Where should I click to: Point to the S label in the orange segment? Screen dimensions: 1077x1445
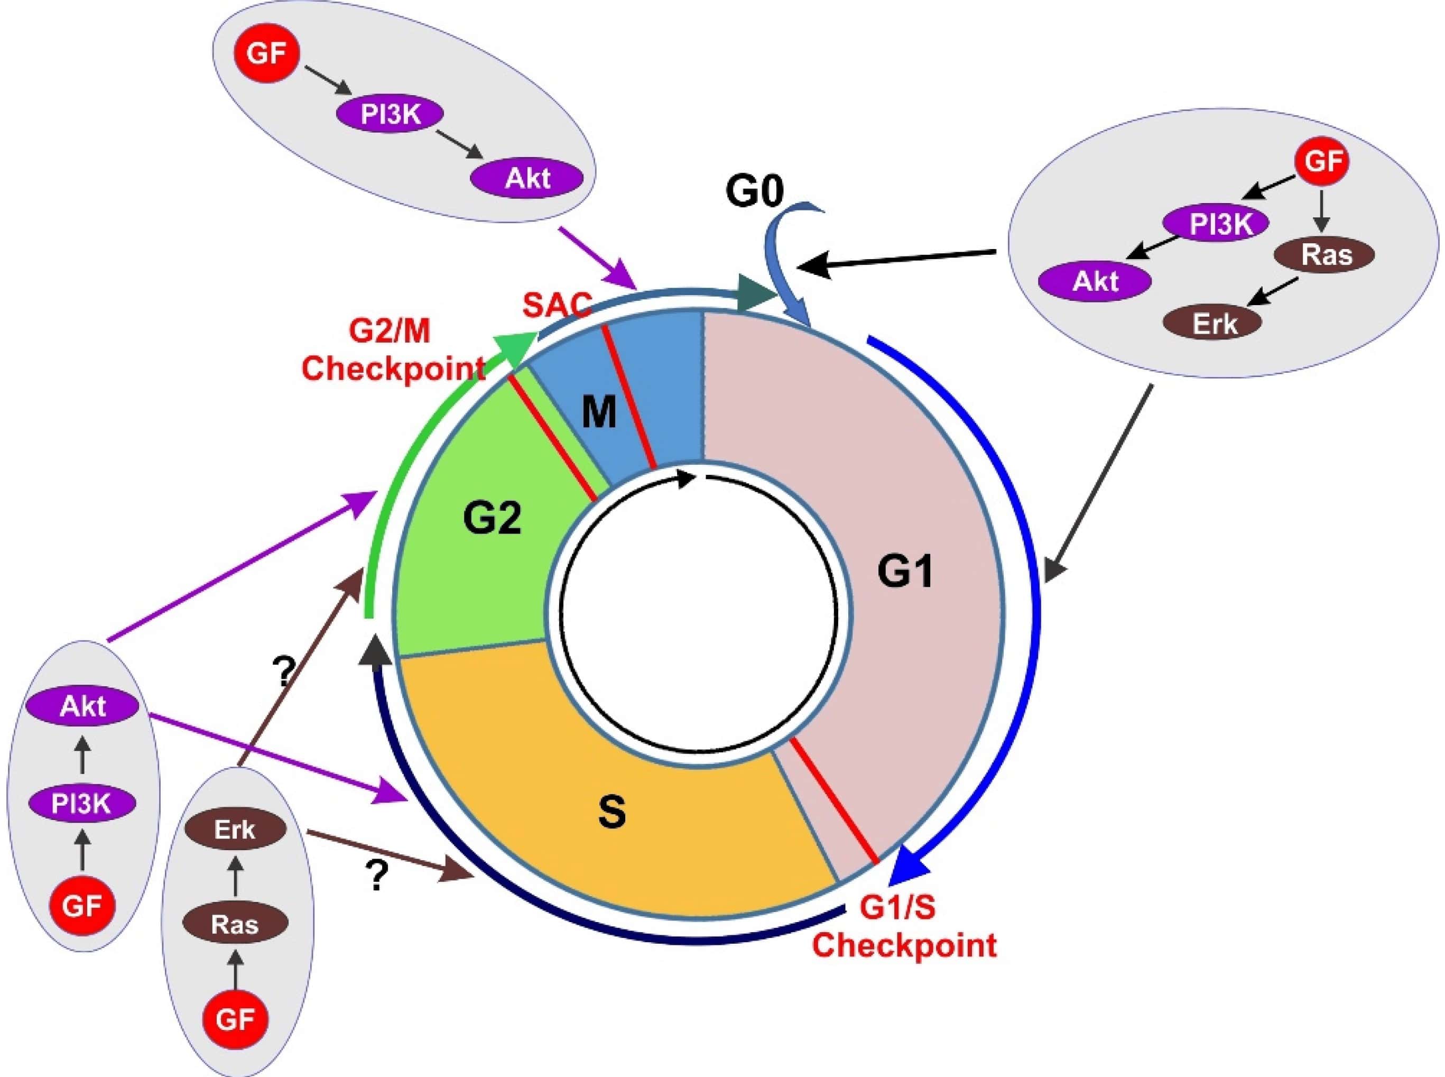pyautogui.click(x=612, y=812)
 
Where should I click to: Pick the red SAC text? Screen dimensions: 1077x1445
pyautogui.click(x=557, y=304)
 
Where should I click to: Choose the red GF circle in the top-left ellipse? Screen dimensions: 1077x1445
pyautogui.click(x=266, y=53)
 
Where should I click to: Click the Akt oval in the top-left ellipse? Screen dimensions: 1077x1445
pyautogui.click(x=527, y=178)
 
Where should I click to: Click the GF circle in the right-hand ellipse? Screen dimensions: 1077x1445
pyautogui.click(x=1322, y=160)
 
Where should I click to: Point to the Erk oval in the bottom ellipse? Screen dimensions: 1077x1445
pyautogui.click(x=235, y=831)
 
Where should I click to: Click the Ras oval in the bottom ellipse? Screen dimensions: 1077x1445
pyautogui.click(x=235, y=924)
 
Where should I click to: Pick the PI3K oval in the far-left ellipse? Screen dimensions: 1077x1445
pyautogui.click(x=82, y=804)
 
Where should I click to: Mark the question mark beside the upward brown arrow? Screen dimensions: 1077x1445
pyautogui.click(x=283, y=672)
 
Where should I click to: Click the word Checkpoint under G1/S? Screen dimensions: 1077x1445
pyautogui.click(x=904, y=945)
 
